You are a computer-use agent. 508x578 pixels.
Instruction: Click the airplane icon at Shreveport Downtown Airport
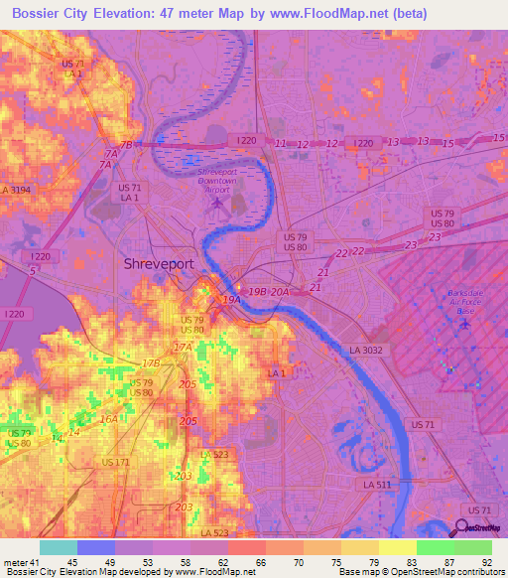point(217,204)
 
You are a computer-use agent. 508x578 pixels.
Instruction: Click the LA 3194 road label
point(17,189)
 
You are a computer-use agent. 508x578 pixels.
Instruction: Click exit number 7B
point(126,144)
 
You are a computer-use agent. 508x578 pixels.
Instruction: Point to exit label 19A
point(231,298)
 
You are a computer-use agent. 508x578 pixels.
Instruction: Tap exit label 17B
point(151,363)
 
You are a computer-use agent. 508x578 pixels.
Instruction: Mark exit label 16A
point(109,419)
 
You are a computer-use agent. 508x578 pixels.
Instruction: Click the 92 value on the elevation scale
point(485,562)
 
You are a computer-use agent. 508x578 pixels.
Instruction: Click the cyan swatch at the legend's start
point(58,547)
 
